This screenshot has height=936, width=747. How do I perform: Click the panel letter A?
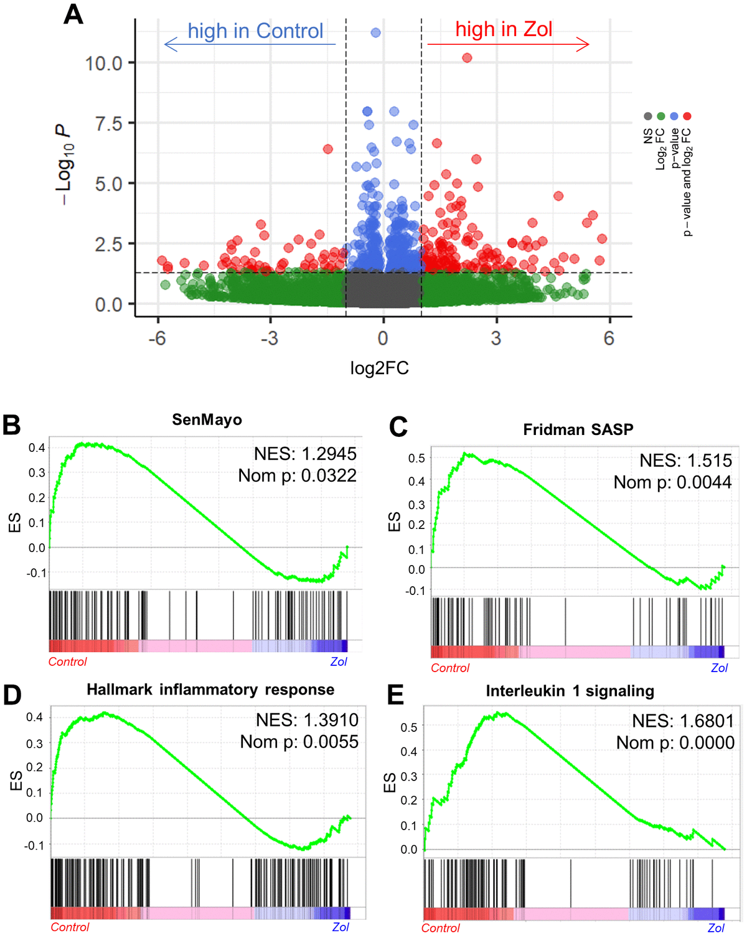tap(73, 14)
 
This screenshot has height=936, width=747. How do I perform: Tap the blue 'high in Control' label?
tap(255, 31)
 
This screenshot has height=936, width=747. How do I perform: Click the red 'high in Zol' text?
tap(504, 29)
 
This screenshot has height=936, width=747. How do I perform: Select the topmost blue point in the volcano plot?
tap(375, 32)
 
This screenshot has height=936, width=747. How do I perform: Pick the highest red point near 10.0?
tap(467, 58)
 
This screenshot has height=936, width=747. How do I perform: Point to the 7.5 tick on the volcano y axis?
tap(108, 123)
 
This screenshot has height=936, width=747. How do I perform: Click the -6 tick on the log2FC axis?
tap(157, 338)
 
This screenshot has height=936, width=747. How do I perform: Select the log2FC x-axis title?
tap(379, 368)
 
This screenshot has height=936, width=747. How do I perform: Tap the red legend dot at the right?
tap(687, 116)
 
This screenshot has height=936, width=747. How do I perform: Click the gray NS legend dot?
tap(648, 116)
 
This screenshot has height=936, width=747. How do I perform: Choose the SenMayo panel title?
tap(207, 419)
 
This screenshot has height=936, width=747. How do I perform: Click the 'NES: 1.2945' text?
tap(305, 454)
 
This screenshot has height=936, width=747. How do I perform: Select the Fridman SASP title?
tap(578, 429)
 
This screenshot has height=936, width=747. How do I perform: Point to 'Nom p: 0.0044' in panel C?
tap(672, 482)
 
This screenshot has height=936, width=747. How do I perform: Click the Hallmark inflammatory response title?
tap(210, 690)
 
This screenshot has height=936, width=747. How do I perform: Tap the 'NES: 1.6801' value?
tap(683, 721)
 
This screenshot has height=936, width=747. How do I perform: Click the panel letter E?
tap(395, 695)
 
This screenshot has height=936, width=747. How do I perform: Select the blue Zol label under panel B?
tap(339, 662)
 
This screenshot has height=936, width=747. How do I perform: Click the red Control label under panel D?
tap(70, 927)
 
